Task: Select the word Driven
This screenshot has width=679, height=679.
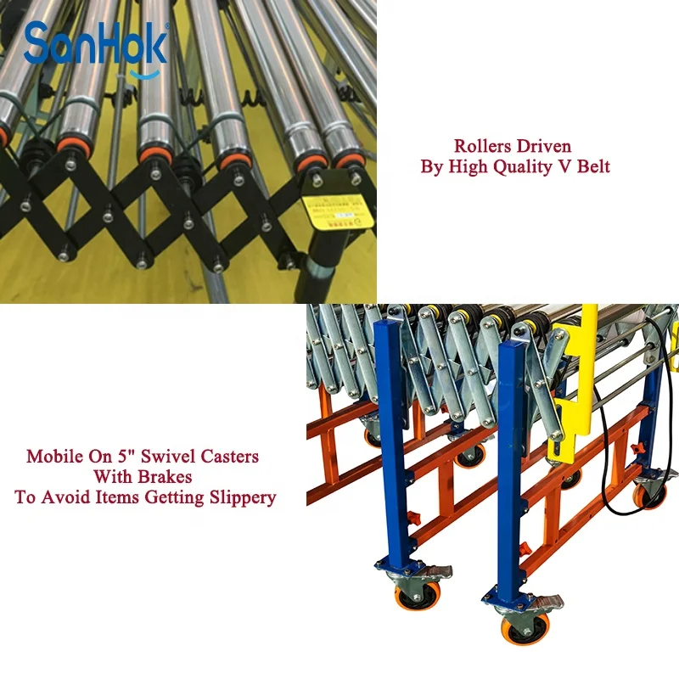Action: (544, 146)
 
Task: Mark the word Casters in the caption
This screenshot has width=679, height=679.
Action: (229, 456)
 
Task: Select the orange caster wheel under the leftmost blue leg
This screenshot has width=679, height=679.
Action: (417, 595)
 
